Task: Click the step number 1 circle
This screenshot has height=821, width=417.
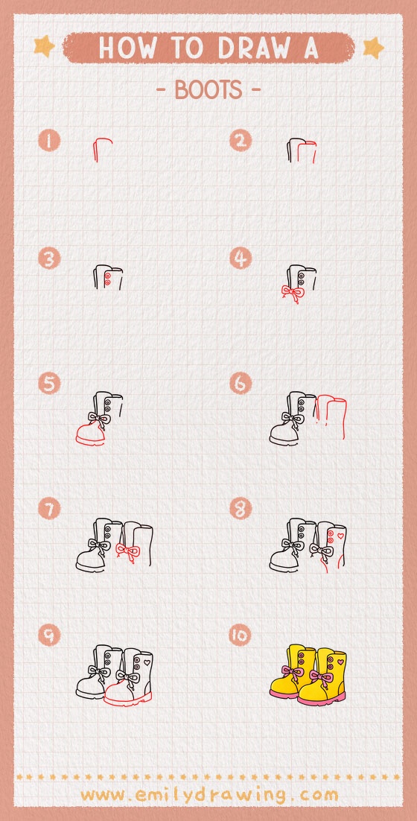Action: click(50, 140)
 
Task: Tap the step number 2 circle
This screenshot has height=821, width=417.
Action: click(241, 140)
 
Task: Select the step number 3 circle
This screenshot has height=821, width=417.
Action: click(50, 259)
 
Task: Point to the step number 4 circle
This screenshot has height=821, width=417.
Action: click(241, 259)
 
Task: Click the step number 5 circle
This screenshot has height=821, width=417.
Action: click(50, 384)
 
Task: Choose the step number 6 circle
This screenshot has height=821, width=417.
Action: click(241, 384)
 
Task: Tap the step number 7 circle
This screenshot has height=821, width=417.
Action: click(50, 509)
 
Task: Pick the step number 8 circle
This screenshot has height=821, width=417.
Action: click(241, 509)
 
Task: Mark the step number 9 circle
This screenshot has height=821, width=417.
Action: click(50, 635)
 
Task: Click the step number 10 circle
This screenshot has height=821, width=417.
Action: click(241, 635)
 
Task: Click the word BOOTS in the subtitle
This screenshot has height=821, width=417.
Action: click(208, 90)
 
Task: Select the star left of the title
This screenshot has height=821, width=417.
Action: click(44, 47)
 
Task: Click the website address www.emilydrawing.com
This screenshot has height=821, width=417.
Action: click(208, 795)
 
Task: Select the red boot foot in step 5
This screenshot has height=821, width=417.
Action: click(92, 434)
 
